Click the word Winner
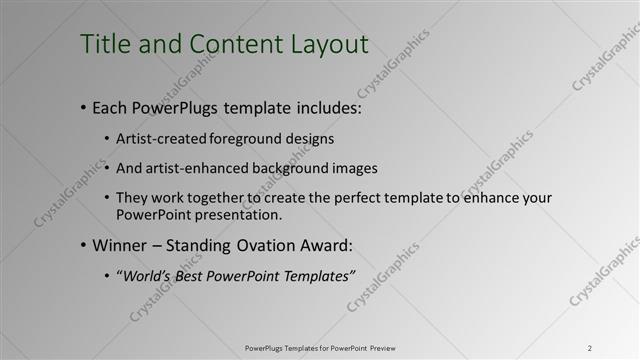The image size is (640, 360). pos(120,245)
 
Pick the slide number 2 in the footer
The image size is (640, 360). pos(590,348)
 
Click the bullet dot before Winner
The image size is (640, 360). pos(82,246)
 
